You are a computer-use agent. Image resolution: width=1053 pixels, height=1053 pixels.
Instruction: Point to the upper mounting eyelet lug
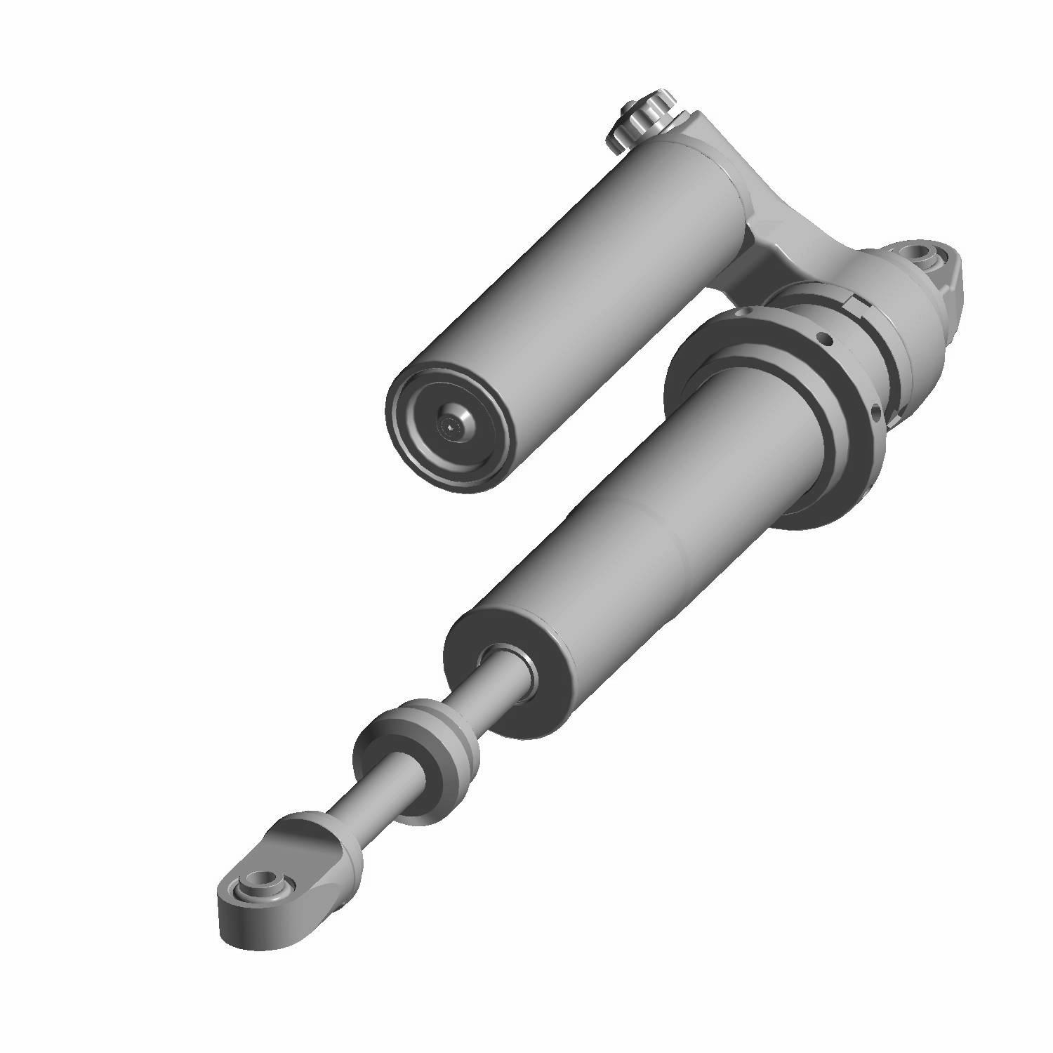941,267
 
